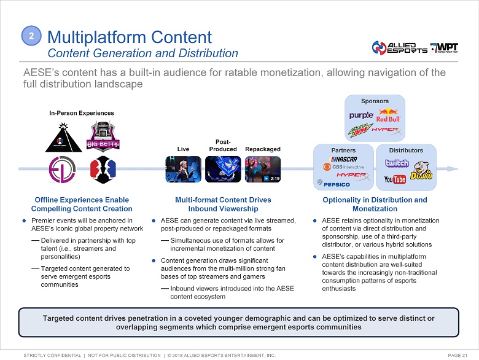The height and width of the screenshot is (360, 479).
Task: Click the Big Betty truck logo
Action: [103, 137]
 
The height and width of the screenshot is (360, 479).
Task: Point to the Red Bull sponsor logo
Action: [388, 115]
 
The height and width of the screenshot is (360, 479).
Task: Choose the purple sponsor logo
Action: [361, 115]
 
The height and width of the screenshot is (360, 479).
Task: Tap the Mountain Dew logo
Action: [362, 130]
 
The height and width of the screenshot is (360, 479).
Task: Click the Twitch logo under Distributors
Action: [396, 163]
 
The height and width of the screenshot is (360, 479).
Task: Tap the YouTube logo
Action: [395, 179]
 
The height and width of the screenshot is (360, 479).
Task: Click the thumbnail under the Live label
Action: [183, 169]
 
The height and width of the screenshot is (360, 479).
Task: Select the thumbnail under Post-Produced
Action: [222, 169]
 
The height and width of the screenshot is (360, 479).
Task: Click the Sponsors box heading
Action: [375, 101]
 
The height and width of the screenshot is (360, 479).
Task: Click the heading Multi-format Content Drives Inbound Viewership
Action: [223, 205]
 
